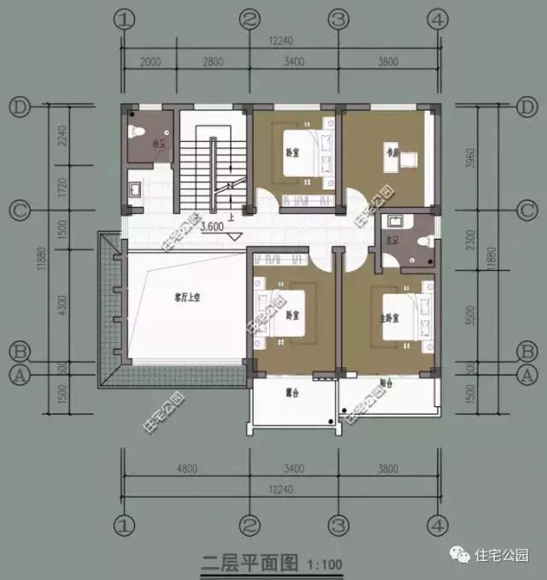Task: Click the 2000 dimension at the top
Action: tap(150, 61)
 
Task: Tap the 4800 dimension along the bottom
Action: tap(186, 468)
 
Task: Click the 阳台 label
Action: tap(384, 385)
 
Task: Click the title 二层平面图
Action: tap(249, 563)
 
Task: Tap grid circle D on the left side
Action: tap(20, 107)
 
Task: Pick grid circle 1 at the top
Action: tap(125, 18)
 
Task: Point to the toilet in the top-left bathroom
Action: tap(136, 132)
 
